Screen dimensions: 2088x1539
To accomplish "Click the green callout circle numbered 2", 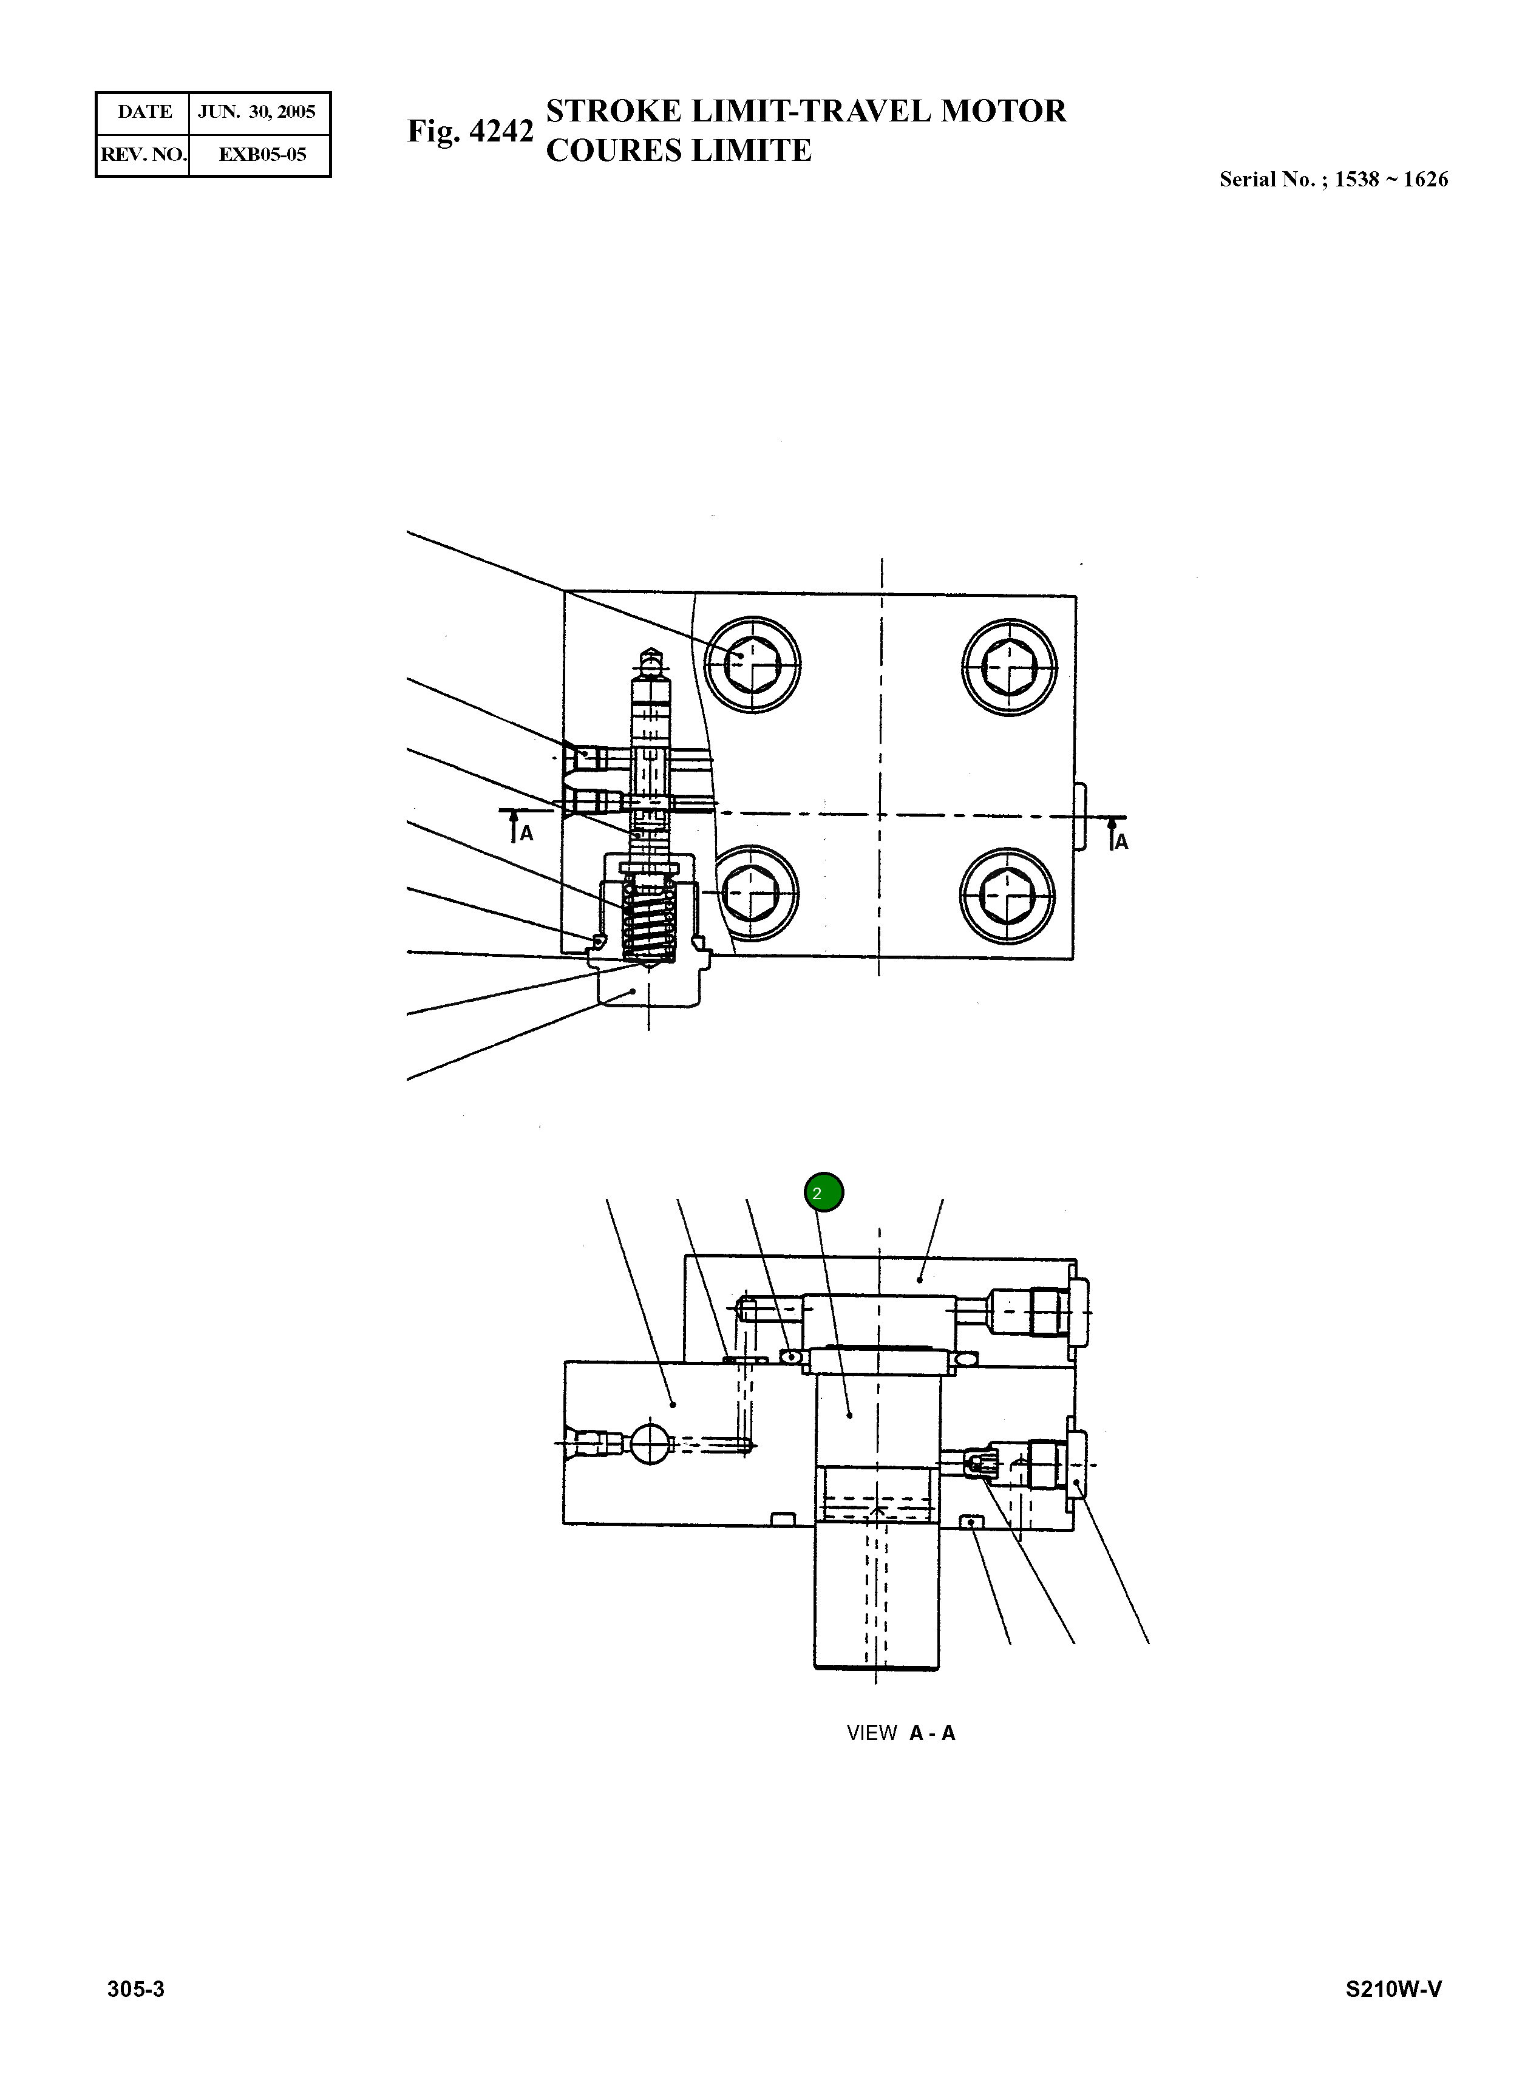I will pos(824,1192).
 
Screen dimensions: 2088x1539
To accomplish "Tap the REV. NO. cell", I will pos(143,155).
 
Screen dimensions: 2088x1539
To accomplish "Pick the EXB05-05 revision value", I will pos(262,155).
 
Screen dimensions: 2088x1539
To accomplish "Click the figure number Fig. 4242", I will pos(471,131).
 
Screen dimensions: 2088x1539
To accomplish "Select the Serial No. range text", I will pos(1333,180).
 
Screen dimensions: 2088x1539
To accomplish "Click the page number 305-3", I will pos(136,1989).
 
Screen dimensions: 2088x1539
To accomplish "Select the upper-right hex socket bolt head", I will pos(1009,666).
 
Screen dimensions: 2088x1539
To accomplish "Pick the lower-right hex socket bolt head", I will pos(1007,896).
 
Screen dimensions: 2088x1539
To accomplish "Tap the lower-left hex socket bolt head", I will pos(753,894).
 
